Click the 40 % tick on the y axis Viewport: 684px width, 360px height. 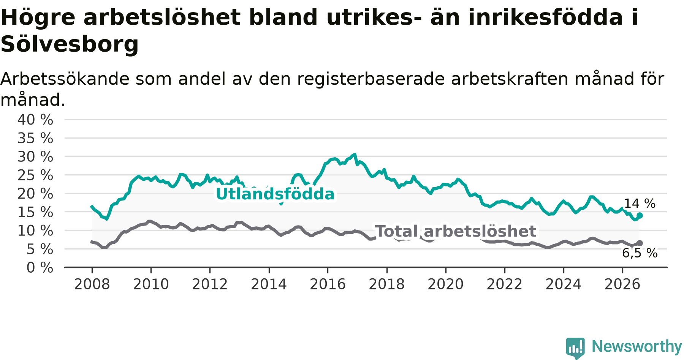[35, 120]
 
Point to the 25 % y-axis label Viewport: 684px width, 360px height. [35, 175]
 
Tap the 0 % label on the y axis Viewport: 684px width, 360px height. [40, 268]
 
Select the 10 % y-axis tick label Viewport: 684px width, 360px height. [35, 231]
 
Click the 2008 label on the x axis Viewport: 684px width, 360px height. [92, 284]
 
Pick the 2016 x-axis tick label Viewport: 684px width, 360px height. [328, 284]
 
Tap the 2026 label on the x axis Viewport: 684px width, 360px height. [622, 284]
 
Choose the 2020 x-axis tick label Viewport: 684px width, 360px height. [446, 284]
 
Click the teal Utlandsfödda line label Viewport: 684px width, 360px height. [275, 194]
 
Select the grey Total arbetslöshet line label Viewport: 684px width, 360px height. [456, 231]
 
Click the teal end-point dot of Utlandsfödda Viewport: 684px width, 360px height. [640, 216]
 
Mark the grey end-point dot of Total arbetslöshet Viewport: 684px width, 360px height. [640, 243]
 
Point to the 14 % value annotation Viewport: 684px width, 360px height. [640, 204]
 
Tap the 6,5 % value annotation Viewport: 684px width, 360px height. [640, 253]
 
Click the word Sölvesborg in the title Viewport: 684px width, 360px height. [70, 44]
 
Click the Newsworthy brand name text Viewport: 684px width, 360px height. [637, 346]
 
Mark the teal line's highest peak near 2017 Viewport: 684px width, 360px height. [355, 154]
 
